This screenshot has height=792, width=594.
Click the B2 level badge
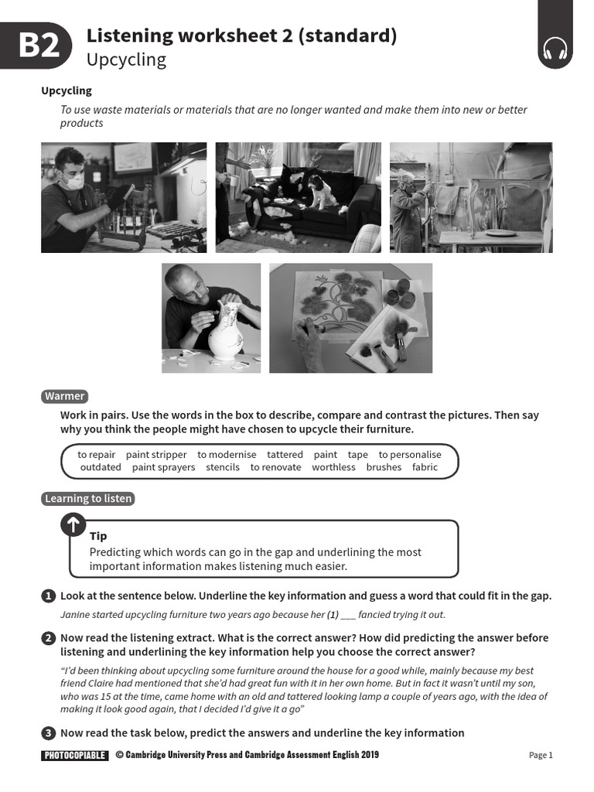coord(39,46)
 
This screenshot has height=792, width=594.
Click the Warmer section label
coord(64,396)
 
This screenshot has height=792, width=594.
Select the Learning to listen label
coord(88,499)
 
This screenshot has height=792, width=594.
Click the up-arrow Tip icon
coord(73,525)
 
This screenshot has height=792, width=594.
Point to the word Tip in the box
coord(98,536)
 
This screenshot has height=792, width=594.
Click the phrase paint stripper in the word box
coord(156,455)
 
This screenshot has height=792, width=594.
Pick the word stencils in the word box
coord(223,467)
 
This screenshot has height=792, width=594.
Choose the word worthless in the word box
coord(333,467)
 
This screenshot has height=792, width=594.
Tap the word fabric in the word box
coord(425,467)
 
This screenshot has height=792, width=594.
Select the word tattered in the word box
coord(285,455)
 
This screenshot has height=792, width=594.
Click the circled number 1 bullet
coord(48,596)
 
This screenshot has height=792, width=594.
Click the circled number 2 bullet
coord(48,638)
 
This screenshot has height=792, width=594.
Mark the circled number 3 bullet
coord(48,733)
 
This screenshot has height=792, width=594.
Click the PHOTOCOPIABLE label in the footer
coord(75,756)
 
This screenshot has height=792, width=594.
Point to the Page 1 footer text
coord(541,756)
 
